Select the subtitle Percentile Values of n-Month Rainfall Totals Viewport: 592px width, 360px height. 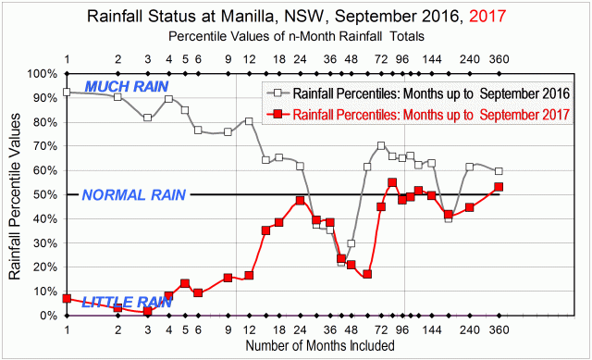[296, 36]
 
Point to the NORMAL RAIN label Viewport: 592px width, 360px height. [134, 195]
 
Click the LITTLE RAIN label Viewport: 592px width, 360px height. [121, 302]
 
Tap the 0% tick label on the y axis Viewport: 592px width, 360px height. [46, 316]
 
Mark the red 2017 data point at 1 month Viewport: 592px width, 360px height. [67, 299]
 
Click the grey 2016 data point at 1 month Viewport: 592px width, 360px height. [67, 93]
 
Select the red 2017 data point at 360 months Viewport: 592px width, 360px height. [499, 187]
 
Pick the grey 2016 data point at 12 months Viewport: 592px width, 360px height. [250, 121]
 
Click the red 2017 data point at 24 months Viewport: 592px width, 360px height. [300, 201]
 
